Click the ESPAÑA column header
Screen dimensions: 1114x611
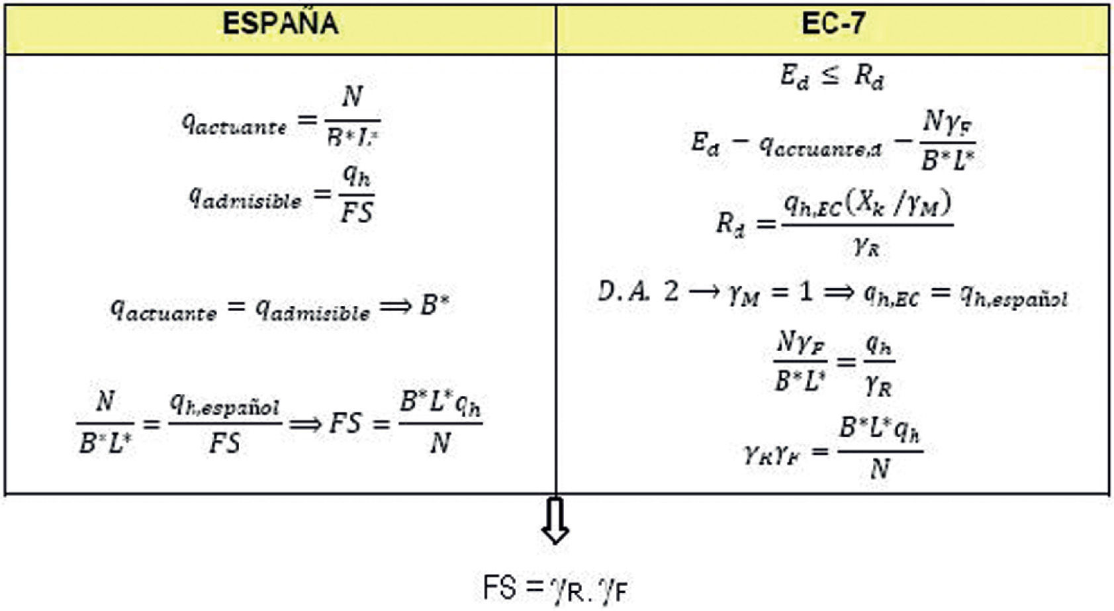(280, 24)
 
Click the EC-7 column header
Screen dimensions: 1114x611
(833, 24)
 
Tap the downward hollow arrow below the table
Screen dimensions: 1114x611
(555, 520)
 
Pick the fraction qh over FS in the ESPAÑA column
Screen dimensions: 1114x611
(357, 195)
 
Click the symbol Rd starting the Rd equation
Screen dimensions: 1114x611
(730, 224)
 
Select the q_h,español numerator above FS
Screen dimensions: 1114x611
(224, 405)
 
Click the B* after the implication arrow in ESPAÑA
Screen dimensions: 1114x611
(436, 306)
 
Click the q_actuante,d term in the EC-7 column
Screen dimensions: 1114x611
(821, 148)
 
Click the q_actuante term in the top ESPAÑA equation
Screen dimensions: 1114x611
(234, 124)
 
